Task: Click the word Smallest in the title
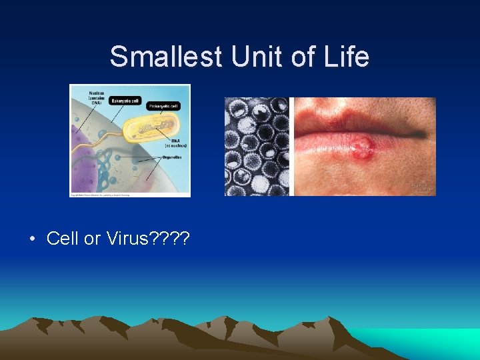[166, 57]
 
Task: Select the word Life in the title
[345, 57]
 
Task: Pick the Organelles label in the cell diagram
[174, 158]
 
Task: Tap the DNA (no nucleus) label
[177, 143]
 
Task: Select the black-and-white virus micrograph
[257, 147]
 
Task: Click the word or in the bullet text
[92, 239]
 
